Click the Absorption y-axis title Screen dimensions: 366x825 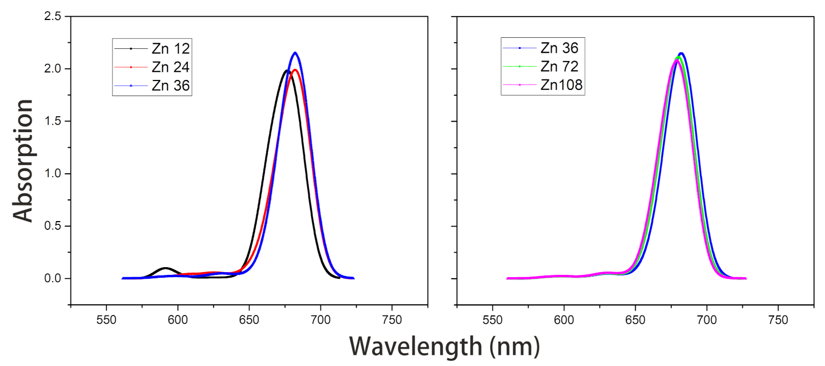[23, 161]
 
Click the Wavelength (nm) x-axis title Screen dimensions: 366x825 [444, 347]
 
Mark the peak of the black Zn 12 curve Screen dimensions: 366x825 [287, 71]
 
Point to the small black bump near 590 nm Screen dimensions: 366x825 [165, 268]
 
